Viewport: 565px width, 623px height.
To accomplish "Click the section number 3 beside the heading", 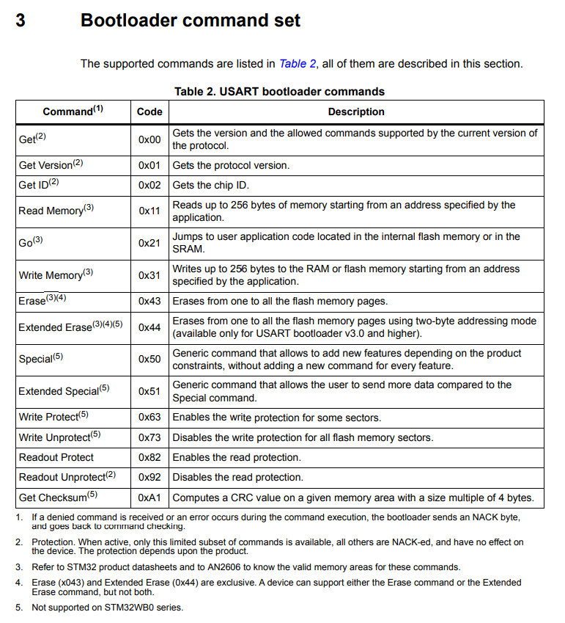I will (x=21, y=21).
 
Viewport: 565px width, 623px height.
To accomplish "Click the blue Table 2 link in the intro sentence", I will (x=298, y=64).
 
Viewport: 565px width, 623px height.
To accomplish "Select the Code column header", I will (x=149, y=112).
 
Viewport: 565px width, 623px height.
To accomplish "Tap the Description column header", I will (x=356, y=112).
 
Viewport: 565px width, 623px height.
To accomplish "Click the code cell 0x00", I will (x=149, y=139).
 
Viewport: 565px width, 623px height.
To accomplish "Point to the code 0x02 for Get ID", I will (x=149, y=185).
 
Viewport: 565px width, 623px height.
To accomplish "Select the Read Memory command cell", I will (x=56, y=211).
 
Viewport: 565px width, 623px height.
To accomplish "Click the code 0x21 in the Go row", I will (x=149, y=243).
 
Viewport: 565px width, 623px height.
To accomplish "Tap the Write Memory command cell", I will (x=56, y=275).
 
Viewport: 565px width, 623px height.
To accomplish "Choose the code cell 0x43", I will (x=149, y=301).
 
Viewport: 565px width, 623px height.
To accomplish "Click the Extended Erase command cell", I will (x=70, y=327).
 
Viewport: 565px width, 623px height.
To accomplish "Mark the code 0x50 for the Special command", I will (x=149, y=359).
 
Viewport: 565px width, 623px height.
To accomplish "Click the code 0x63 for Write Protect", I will (x=149, y=417).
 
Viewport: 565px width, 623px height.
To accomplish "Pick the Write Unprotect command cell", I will (x=59, y=437).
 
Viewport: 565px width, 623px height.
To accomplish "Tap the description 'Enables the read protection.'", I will (x=237, y=457).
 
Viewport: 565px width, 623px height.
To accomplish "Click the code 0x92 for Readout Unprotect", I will (x=149, y=477).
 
